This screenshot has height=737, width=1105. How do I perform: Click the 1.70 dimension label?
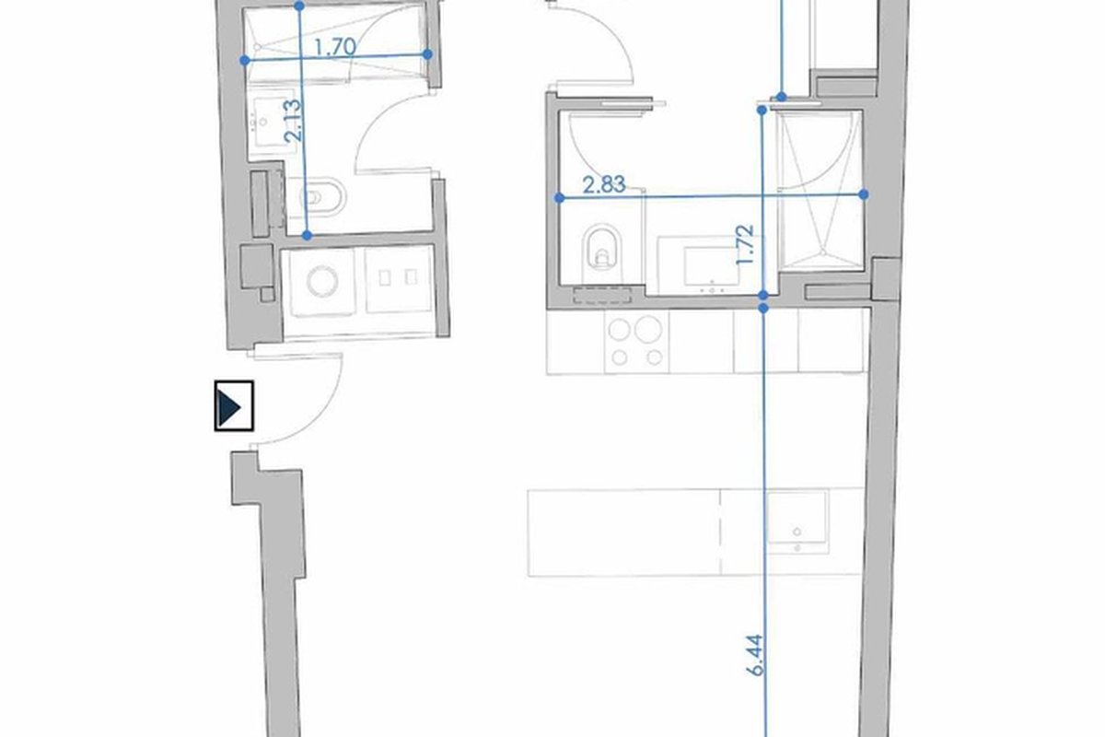[335, 47]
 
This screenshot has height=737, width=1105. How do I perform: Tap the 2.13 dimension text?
[293, 121]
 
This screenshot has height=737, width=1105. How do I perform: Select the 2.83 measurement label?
[604, 184]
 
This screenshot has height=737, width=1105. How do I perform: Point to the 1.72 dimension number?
[745, 244]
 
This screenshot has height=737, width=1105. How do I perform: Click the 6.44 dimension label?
[755, 655]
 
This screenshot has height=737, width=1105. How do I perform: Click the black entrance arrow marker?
[234, 405]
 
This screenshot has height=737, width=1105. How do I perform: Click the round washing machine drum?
[322, 281]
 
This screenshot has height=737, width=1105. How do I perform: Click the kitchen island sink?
[797, 523]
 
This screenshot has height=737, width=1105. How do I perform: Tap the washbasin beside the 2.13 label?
[268, 123]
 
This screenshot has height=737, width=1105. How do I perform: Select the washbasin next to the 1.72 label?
[710, 265]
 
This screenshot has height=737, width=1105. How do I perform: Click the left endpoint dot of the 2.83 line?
[559, 198]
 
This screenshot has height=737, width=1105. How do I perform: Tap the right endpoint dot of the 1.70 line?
[427, 54]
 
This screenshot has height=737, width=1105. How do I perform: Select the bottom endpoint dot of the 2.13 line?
[307, 236]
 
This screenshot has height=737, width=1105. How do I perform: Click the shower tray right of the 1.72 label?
[820, 190]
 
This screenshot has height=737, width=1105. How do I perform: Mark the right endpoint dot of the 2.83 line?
[864, 195]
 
